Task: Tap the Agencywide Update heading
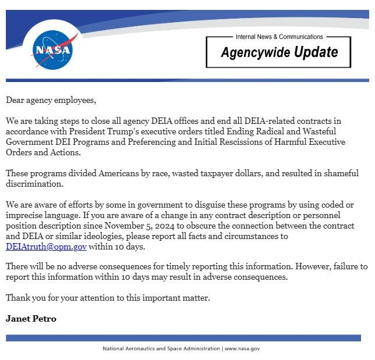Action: click(x=279, y=52)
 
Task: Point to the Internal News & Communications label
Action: click(x=279, y=37)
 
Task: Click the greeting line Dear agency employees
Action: click(x=51, y=100)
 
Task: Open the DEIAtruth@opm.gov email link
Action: click(x=46, y=247)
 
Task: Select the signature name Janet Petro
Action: click(x=31, y=319)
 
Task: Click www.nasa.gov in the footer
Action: click(x=242, y=348)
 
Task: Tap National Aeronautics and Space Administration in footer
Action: click(x=161, y=348)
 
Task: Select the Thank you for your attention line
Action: click(x=108, y=298)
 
